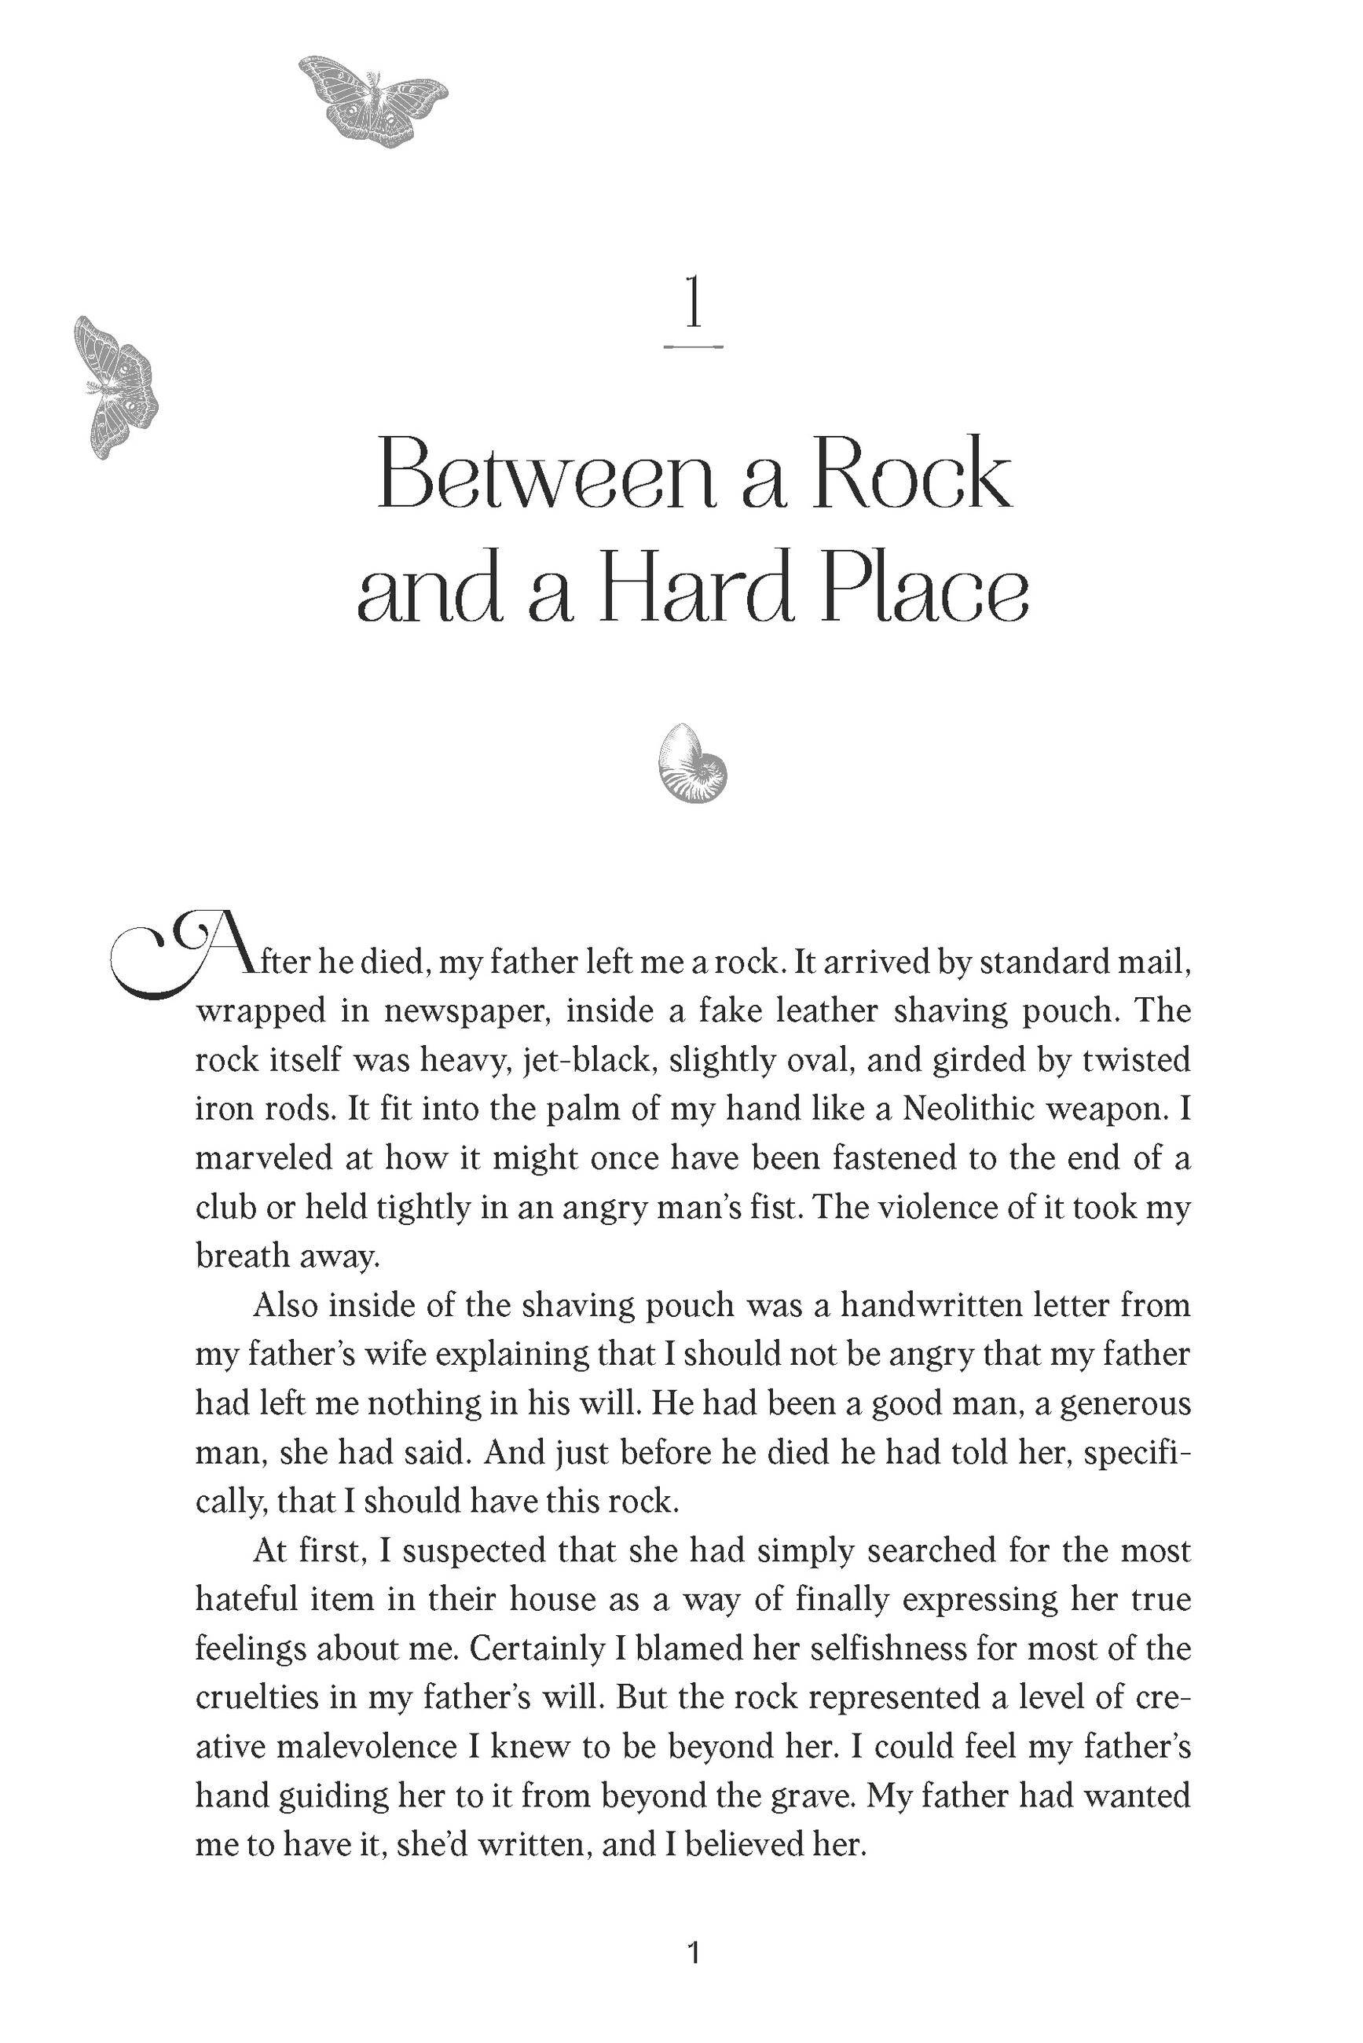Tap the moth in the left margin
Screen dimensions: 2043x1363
click(115, 387)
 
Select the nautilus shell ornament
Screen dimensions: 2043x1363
click(693, 763)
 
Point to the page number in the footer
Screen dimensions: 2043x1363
click(693, 1953)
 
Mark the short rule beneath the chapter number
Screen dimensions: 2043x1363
click(693, 346)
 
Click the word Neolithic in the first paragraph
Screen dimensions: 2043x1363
click(988, 1110)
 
